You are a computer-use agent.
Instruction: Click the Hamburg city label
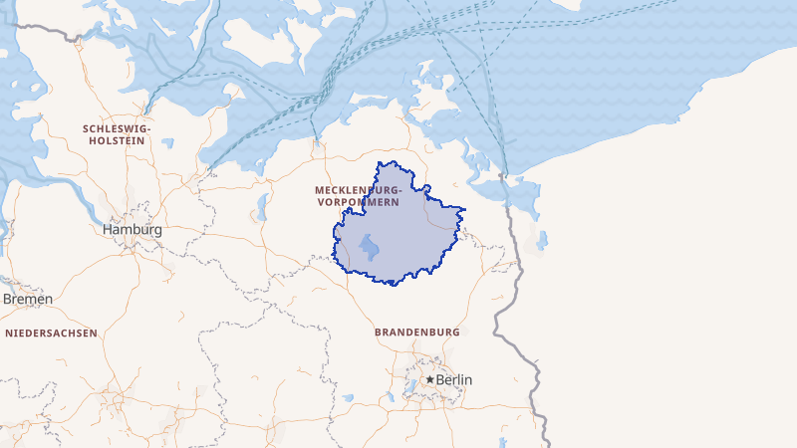click(132, 230)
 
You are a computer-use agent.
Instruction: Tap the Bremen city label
click(28, 299)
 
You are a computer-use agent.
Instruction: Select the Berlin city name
click(455, 380)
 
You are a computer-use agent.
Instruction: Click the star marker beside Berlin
click(429, 380)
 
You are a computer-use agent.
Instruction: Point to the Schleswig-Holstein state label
click(118, 135)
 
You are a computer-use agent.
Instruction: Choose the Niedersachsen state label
click(52, 334)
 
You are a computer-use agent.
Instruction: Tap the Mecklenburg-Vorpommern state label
click(359, 195)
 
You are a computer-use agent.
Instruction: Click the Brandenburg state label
click(416, 332)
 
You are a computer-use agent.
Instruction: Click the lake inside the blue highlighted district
click(370, 246)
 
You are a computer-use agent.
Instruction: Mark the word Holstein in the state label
click(118, 141)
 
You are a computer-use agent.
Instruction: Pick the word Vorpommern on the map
click(360, 202)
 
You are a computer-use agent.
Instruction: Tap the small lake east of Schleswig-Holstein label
click(168, 143)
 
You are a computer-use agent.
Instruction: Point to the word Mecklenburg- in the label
click(359, 189)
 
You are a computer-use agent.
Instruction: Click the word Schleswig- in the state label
click(118, 129)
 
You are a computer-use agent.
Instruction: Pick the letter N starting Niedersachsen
click(9, 334)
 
